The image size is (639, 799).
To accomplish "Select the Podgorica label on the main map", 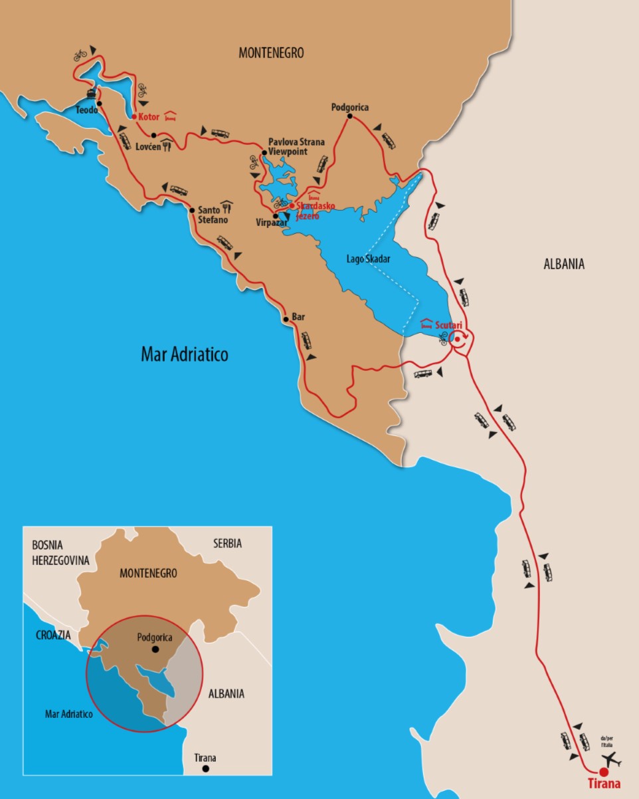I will (349, 107).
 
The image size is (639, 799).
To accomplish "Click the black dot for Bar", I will (286, 319).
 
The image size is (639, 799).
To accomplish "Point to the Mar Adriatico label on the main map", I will (184, 354).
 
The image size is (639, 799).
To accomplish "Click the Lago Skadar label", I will (368, 259).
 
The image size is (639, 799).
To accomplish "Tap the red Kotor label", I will (149, 117).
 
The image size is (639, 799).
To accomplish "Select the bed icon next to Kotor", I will (170, 116).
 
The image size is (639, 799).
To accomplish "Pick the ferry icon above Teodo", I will (91, 93).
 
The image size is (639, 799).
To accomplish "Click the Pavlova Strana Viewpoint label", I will (296, 147).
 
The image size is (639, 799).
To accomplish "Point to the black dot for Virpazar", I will (276, 216).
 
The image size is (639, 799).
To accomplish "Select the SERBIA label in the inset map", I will (227, 544).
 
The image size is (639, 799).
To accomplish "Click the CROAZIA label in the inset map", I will (52, 635).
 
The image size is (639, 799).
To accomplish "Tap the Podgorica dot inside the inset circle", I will (155, 649).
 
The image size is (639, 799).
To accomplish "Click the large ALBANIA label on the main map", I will (563, 264).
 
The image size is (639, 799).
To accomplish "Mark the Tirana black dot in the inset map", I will (206, 769).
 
